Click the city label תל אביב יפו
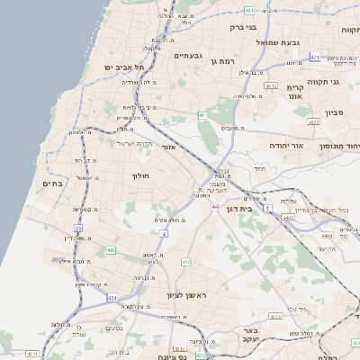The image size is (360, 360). coord(123,67)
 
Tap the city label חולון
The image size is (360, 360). coord(145,176)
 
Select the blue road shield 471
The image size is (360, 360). coord(315,57)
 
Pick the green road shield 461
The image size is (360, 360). coord(202,115)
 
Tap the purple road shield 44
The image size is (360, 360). coord(215,207)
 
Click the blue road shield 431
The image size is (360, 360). coord(112,297)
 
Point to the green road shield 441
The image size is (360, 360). coord(111,249)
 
